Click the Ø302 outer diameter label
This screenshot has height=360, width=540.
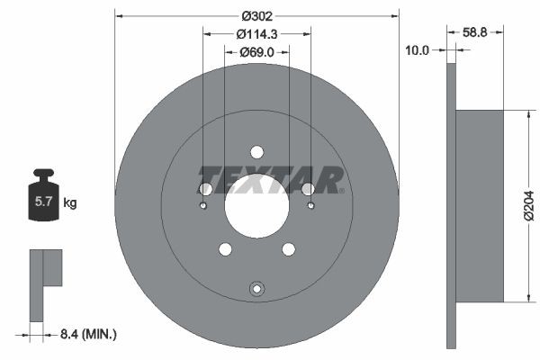257,14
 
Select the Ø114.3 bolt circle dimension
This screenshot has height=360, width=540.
257,33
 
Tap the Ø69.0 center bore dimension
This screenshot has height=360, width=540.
257,53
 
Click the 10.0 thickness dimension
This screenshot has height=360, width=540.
418,51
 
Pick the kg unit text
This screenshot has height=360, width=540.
70,203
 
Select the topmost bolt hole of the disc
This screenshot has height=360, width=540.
256,151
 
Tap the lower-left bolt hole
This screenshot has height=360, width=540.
225,249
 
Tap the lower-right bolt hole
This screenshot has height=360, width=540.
288,249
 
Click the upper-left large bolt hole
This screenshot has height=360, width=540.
205,188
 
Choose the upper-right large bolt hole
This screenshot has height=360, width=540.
308,188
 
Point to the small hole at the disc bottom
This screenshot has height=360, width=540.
256,289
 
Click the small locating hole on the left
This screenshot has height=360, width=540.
203,206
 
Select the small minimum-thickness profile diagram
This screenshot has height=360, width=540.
45,283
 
